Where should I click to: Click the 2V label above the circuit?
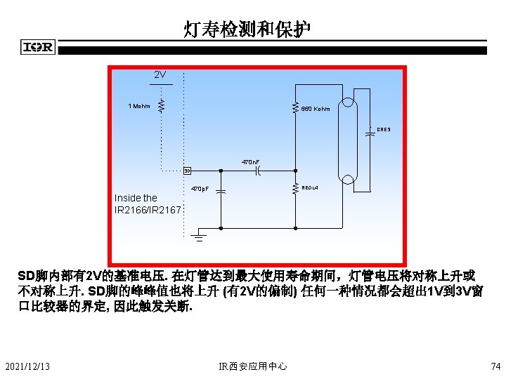click(160, 74)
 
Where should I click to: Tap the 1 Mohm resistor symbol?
click(161, 105)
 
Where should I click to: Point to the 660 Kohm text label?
click(316, 109)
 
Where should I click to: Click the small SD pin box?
click(187, 171)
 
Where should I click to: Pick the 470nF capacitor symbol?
click(258, 171)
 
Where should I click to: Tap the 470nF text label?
click(251, 162)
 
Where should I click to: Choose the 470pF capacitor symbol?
click(221, 190)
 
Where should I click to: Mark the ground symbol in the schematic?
click(199, 236)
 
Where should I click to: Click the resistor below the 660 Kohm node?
click(295, 189)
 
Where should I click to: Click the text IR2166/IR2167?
click(148, 209)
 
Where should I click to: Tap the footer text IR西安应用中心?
click(253, 365)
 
